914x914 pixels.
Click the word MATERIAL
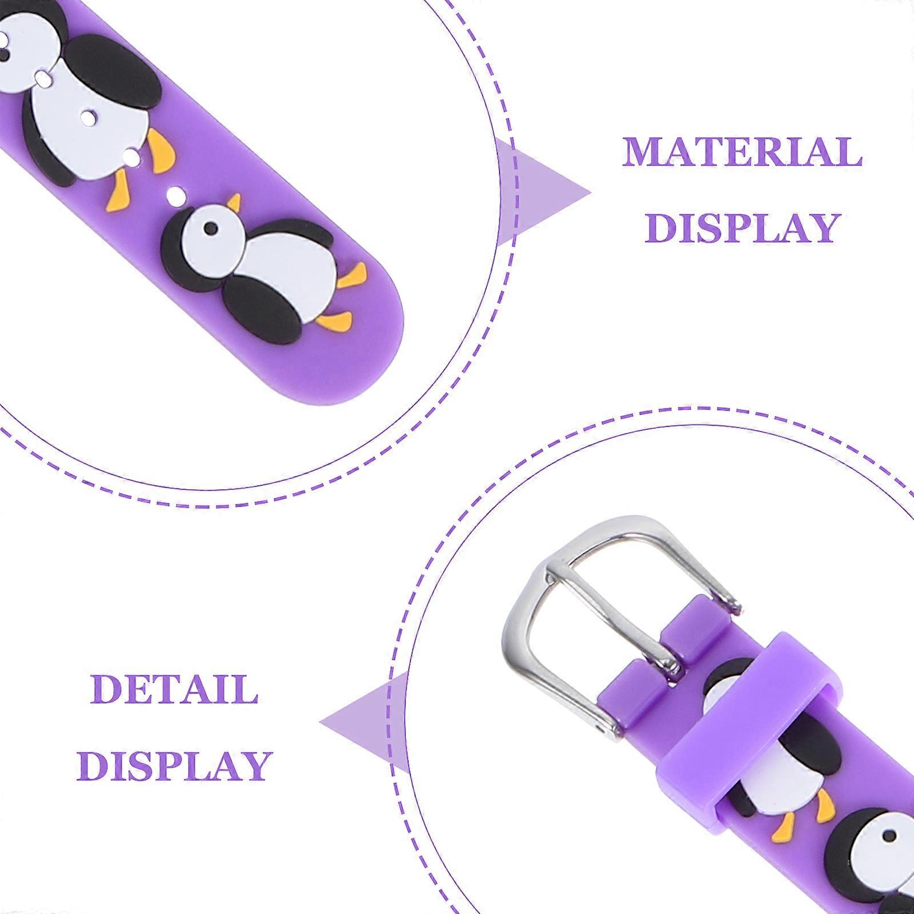(742, 151)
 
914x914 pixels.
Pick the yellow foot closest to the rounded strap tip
(334, 321)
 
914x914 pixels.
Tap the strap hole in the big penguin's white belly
(88, 118)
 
